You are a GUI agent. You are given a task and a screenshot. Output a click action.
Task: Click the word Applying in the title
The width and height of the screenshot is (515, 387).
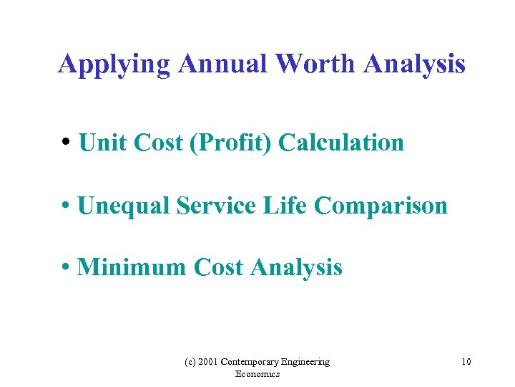coord(114,65)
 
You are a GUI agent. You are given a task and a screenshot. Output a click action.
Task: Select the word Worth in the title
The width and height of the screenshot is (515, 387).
coord(315,64)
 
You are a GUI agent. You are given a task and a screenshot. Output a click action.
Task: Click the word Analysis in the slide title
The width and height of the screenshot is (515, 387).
coord(414,65)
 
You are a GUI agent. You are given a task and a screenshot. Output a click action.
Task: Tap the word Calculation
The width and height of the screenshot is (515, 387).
coord(341,143)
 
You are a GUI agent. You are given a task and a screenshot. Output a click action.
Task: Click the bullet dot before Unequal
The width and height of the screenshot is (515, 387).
coord(65,206)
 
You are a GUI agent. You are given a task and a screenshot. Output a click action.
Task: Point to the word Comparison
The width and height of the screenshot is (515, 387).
coord(381,206)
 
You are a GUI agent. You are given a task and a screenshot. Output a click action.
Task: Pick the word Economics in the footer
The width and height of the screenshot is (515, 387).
coord(257,374)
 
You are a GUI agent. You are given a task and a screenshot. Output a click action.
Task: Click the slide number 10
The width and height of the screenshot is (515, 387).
coord(466,362)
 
